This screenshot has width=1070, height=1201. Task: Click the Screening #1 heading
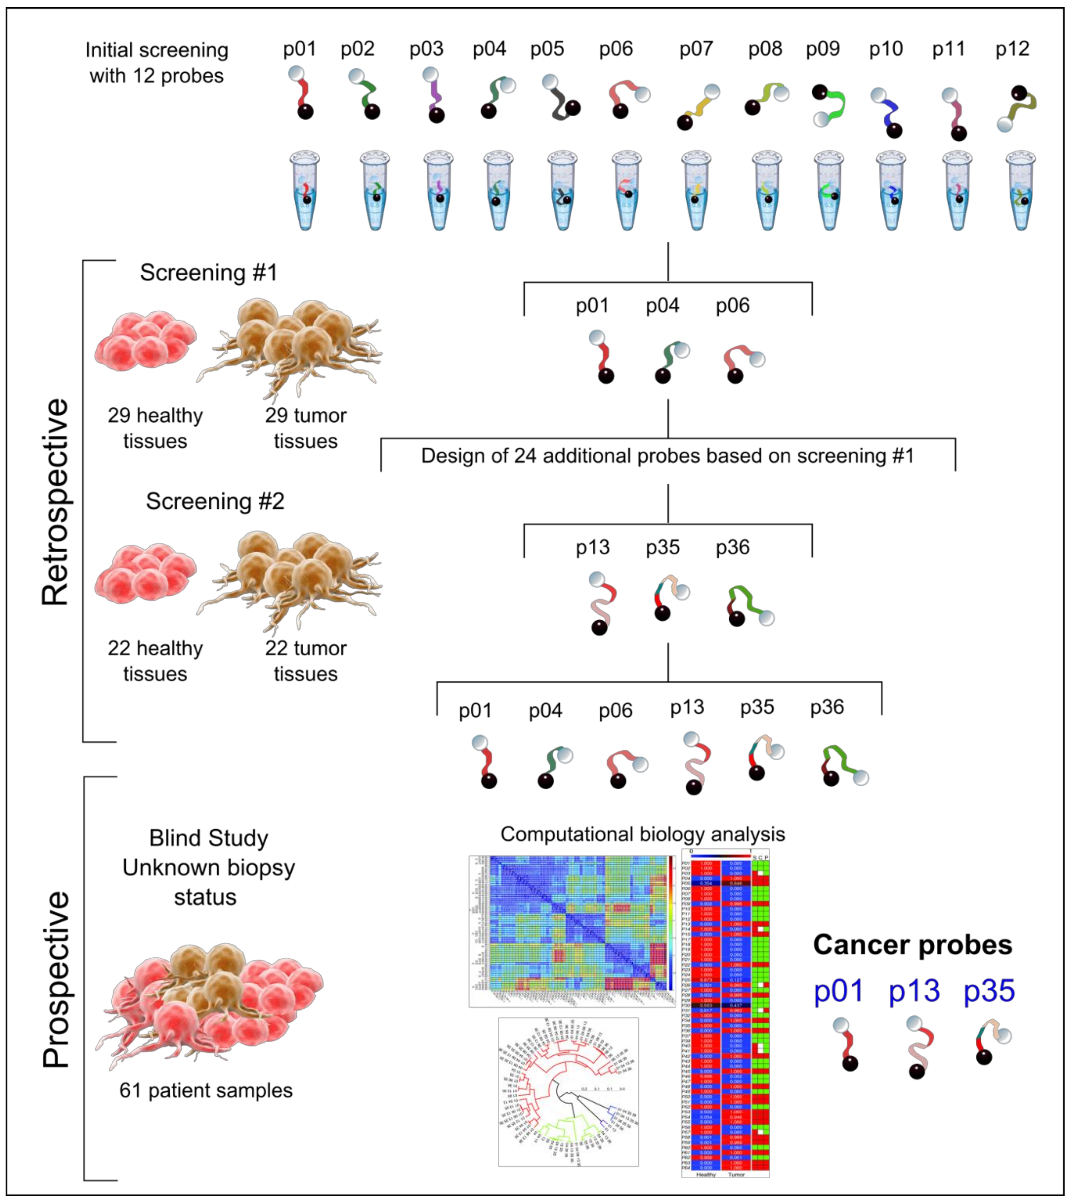pyautogui.click(x=209, y=273)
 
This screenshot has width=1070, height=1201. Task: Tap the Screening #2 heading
pyautogui.click(x=215, y=501)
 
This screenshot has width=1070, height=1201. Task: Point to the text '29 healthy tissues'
pyautogui.click(x=155, y=428)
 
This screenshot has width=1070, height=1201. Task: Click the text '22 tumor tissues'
pyautogui.click(x=306, y=661)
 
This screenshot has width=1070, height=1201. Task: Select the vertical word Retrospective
pyautogui.click(x=56, y=501)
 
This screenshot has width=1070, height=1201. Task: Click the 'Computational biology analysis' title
pyautogui.click(x=643, y=834)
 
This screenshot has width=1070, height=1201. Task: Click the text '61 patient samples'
pyautogui.click(x=206, y=1090)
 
